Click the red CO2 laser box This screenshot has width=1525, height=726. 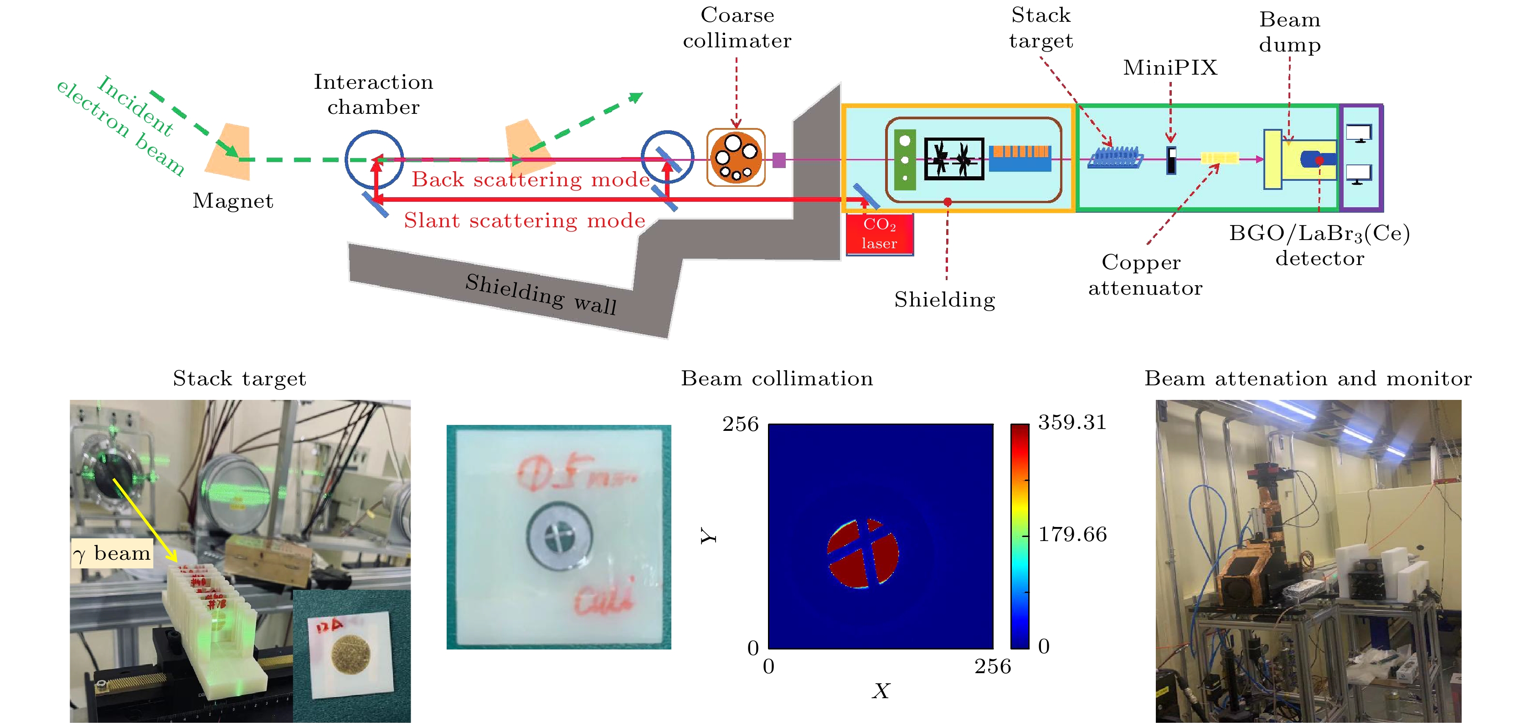point(879,234)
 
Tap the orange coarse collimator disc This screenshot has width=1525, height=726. point(736,158)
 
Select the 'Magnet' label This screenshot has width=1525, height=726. point(232,200)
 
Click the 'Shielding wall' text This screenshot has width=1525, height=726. point(541,294)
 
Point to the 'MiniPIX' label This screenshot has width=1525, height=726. point(1170,67)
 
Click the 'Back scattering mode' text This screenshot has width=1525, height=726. point(531,179)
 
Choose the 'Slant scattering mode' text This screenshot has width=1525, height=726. point(525,220)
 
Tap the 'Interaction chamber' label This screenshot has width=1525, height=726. point(374,94)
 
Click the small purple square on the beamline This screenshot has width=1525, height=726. point(779,160)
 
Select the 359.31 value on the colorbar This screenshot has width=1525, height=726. point(1072,422)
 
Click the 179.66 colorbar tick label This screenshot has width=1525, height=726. point(1072,534)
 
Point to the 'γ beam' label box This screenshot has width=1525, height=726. point(112,553)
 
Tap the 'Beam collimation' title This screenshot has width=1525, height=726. point(777,378)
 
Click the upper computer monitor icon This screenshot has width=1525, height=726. point(1359,133)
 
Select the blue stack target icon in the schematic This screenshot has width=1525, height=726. point(1115,158)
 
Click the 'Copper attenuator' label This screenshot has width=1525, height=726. point(1145,275)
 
